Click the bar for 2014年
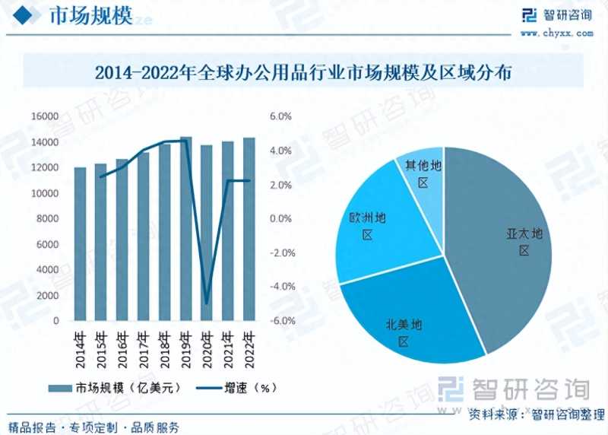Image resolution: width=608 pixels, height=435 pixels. (x=80, y=243)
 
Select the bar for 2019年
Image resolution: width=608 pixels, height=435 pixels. (x=185, y=228)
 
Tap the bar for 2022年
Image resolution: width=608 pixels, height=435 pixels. (x=249, y=228)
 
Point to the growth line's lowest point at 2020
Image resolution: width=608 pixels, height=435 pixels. (x=206, y=303)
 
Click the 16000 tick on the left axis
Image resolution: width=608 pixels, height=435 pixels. (x=45, y=116)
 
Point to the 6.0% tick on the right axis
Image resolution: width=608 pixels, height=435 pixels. (x=280, y=116)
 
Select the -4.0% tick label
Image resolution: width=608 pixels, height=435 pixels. (x=280, y=287)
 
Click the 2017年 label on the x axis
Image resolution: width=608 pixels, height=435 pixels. (x=143, y=345)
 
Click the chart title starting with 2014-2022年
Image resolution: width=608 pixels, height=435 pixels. (x=303, y=73)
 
